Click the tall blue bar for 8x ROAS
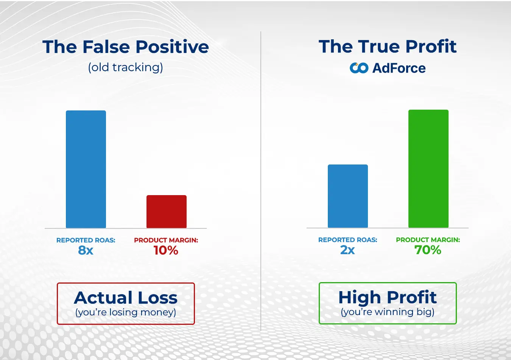pyautogui.click(x=86, y=169)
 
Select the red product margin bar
pyautogui.click(x=167, y=211)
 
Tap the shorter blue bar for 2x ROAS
pyautogui.click(x=347, y=196)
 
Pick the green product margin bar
pyautogui.click(x=428, y=169)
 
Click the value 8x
pyautogui.click(x=86, y=250)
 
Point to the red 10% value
pyautogui.click(x=166, y=250)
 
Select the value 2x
pyautogui.click(x=347, y=250)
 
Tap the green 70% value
pyautogui.click(x=428, y=250)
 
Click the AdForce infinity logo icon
pyautogui.click(x=359, y=68)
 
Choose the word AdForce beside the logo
pyautogui.click(x=399, y=68)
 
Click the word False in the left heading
pyautogui.click(x=106, y=47)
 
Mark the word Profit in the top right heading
pyautogui.click(x=431, y=47)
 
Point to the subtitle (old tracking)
pyautogui.click(x=125, y=67)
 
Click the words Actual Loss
pyautogui.click(x=126, y=298)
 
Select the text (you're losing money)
pyautogui.click(x=126, y=312)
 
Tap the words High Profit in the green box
pyautogui.click(x=388, y=297)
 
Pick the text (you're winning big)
pyautogui.click(x=388, y=312)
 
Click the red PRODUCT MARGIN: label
pyautogui.click(x=166, y=240)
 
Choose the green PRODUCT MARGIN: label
pyautogui.click(x=428, y=240)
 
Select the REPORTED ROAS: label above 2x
pyautogui.click(x=347, y=240)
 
